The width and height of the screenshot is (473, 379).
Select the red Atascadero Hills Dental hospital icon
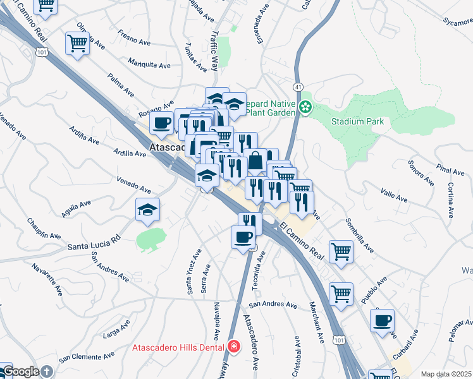233,346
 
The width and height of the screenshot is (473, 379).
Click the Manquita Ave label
149,64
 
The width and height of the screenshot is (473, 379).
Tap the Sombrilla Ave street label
359,236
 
